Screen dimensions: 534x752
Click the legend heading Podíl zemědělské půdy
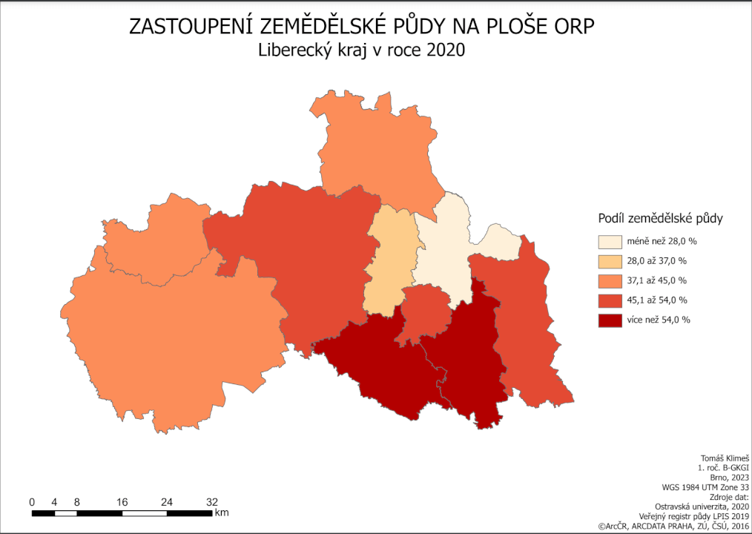pos(660,219)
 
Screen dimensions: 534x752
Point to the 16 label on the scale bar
pos(122,502)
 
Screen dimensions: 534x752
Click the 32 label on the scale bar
pos(211,502)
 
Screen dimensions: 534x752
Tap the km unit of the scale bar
pos(222,512)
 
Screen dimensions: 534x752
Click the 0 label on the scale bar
pos(32,502)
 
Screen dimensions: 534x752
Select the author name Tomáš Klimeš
pos(725,459)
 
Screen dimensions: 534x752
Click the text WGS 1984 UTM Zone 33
pos(705,487)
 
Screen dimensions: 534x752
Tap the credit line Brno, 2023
pos(730,478)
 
